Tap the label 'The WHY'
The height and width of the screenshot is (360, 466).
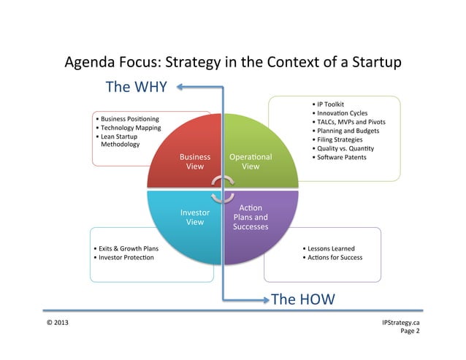point(137,87)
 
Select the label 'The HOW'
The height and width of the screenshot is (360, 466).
point(302,299)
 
